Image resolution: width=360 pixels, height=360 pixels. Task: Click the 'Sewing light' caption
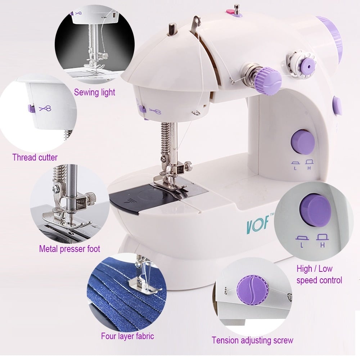tap(94, 92)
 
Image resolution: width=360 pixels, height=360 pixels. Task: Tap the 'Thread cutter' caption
tap(35, 158)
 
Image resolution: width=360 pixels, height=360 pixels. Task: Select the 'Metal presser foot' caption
tap(69, 249)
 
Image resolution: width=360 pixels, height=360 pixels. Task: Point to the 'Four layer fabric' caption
tap(127, 336)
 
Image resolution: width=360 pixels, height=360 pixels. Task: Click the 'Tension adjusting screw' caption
tap(253, 340)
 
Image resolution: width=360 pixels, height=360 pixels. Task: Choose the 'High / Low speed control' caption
tap(319, 274)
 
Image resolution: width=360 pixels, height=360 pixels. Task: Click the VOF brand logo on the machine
tap(258, 224)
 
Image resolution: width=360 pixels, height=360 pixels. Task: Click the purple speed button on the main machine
tap(302, 141)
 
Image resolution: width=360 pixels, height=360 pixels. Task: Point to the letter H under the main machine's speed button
tap(309, 168)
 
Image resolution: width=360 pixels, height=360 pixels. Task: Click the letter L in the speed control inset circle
tap(302, 246)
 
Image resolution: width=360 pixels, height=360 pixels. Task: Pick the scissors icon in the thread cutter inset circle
tap(45, 108)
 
